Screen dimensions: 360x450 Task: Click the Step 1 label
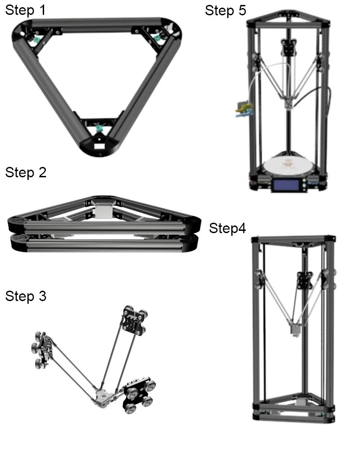click(25, 10)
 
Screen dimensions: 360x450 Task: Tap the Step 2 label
click(26, 173)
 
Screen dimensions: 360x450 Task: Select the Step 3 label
click(26, 296)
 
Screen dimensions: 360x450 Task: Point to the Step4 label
click(227, 229)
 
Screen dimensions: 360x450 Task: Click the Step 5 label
click(225, 11)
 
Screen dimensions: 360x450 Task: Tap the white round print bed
click(288, 165)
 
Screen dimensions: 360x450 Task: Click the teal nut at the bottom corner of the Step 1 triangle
click(99, 128)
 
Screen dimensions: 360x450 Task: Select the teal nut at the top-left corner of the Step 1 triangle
click(36, 40)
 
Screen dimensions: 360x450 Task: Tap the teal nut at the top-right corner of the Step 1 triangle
click(157, 38)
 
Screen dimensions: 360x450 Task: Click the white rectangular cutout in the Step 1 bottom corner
click(99, 146)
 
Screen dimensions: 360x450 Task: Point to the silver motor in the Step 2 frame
click(104, 211)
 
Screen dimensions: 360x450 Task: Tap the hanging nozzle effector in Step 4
click(295, 329)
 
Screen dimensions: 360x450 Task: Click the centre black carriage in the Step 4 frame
click(304, 280)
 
